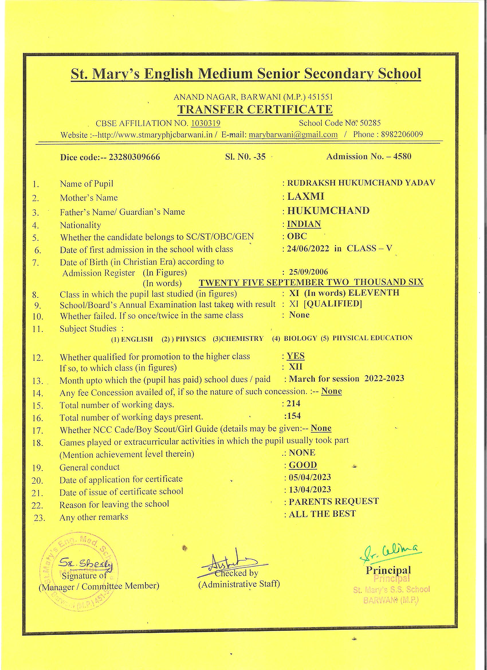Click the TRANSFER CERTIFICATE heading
coord(255,109)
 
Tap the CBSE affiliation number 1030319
coord(206,123)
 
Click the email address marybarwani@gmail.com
coord(293,135)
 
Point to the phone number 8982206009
coord(402,134)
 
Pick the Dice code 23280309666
coord(134,157)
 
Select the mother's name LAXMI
coord(306,197)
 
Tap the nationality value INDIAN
coord(304,224)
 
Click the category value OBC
coord(297,236)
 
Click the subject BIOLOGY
coord(300,338)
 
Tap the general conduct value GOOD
coord(303,465)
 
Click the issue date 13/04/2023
coord(310,489)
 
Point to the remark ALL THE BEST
coord(322,514)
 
